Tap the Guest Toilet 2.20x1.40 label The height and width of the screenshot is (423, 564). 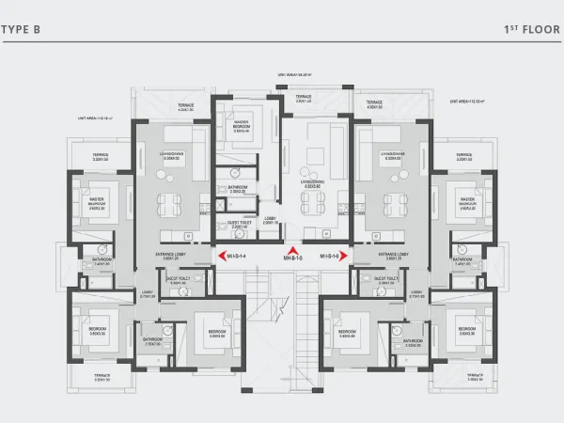tap(238, 225)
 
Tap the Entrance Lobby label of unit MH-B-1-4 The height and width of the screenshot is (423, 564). tap(173, 255)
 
